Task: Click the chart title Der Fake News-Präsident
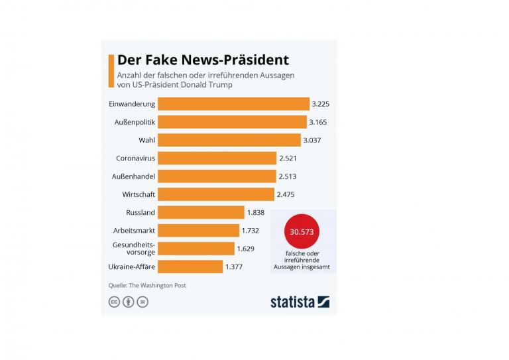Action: tap(203, 60)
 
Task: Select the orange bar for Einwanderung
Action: tap(233, 104)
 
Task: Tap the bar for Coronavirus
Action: tap(217, 158)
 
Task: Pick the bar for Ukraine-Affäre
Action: tap(190, 267)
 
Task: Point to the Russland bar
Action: tap(201, 212)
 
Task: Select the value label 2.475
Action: tap(286, 194)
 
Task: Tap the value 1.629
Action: tap(247, 249)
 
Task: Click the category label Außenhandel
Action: tap(134, 176)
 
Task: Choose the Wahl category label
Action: tap(146, 140)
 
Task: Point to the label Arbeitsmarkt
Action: tap(135, 231)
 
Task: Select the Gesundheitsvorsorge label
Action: tap(135, 249)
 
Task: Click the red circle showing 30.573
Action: tap(302, 232)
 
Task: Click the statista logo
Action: tap(300, 302)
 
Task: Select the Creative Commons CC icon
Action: tap(114, 302)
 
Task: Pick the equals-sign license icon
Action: tap(142, 302)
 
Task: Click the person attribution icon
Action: tap(128, 302)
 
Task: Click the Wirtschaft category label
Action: tap(139, 194)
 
